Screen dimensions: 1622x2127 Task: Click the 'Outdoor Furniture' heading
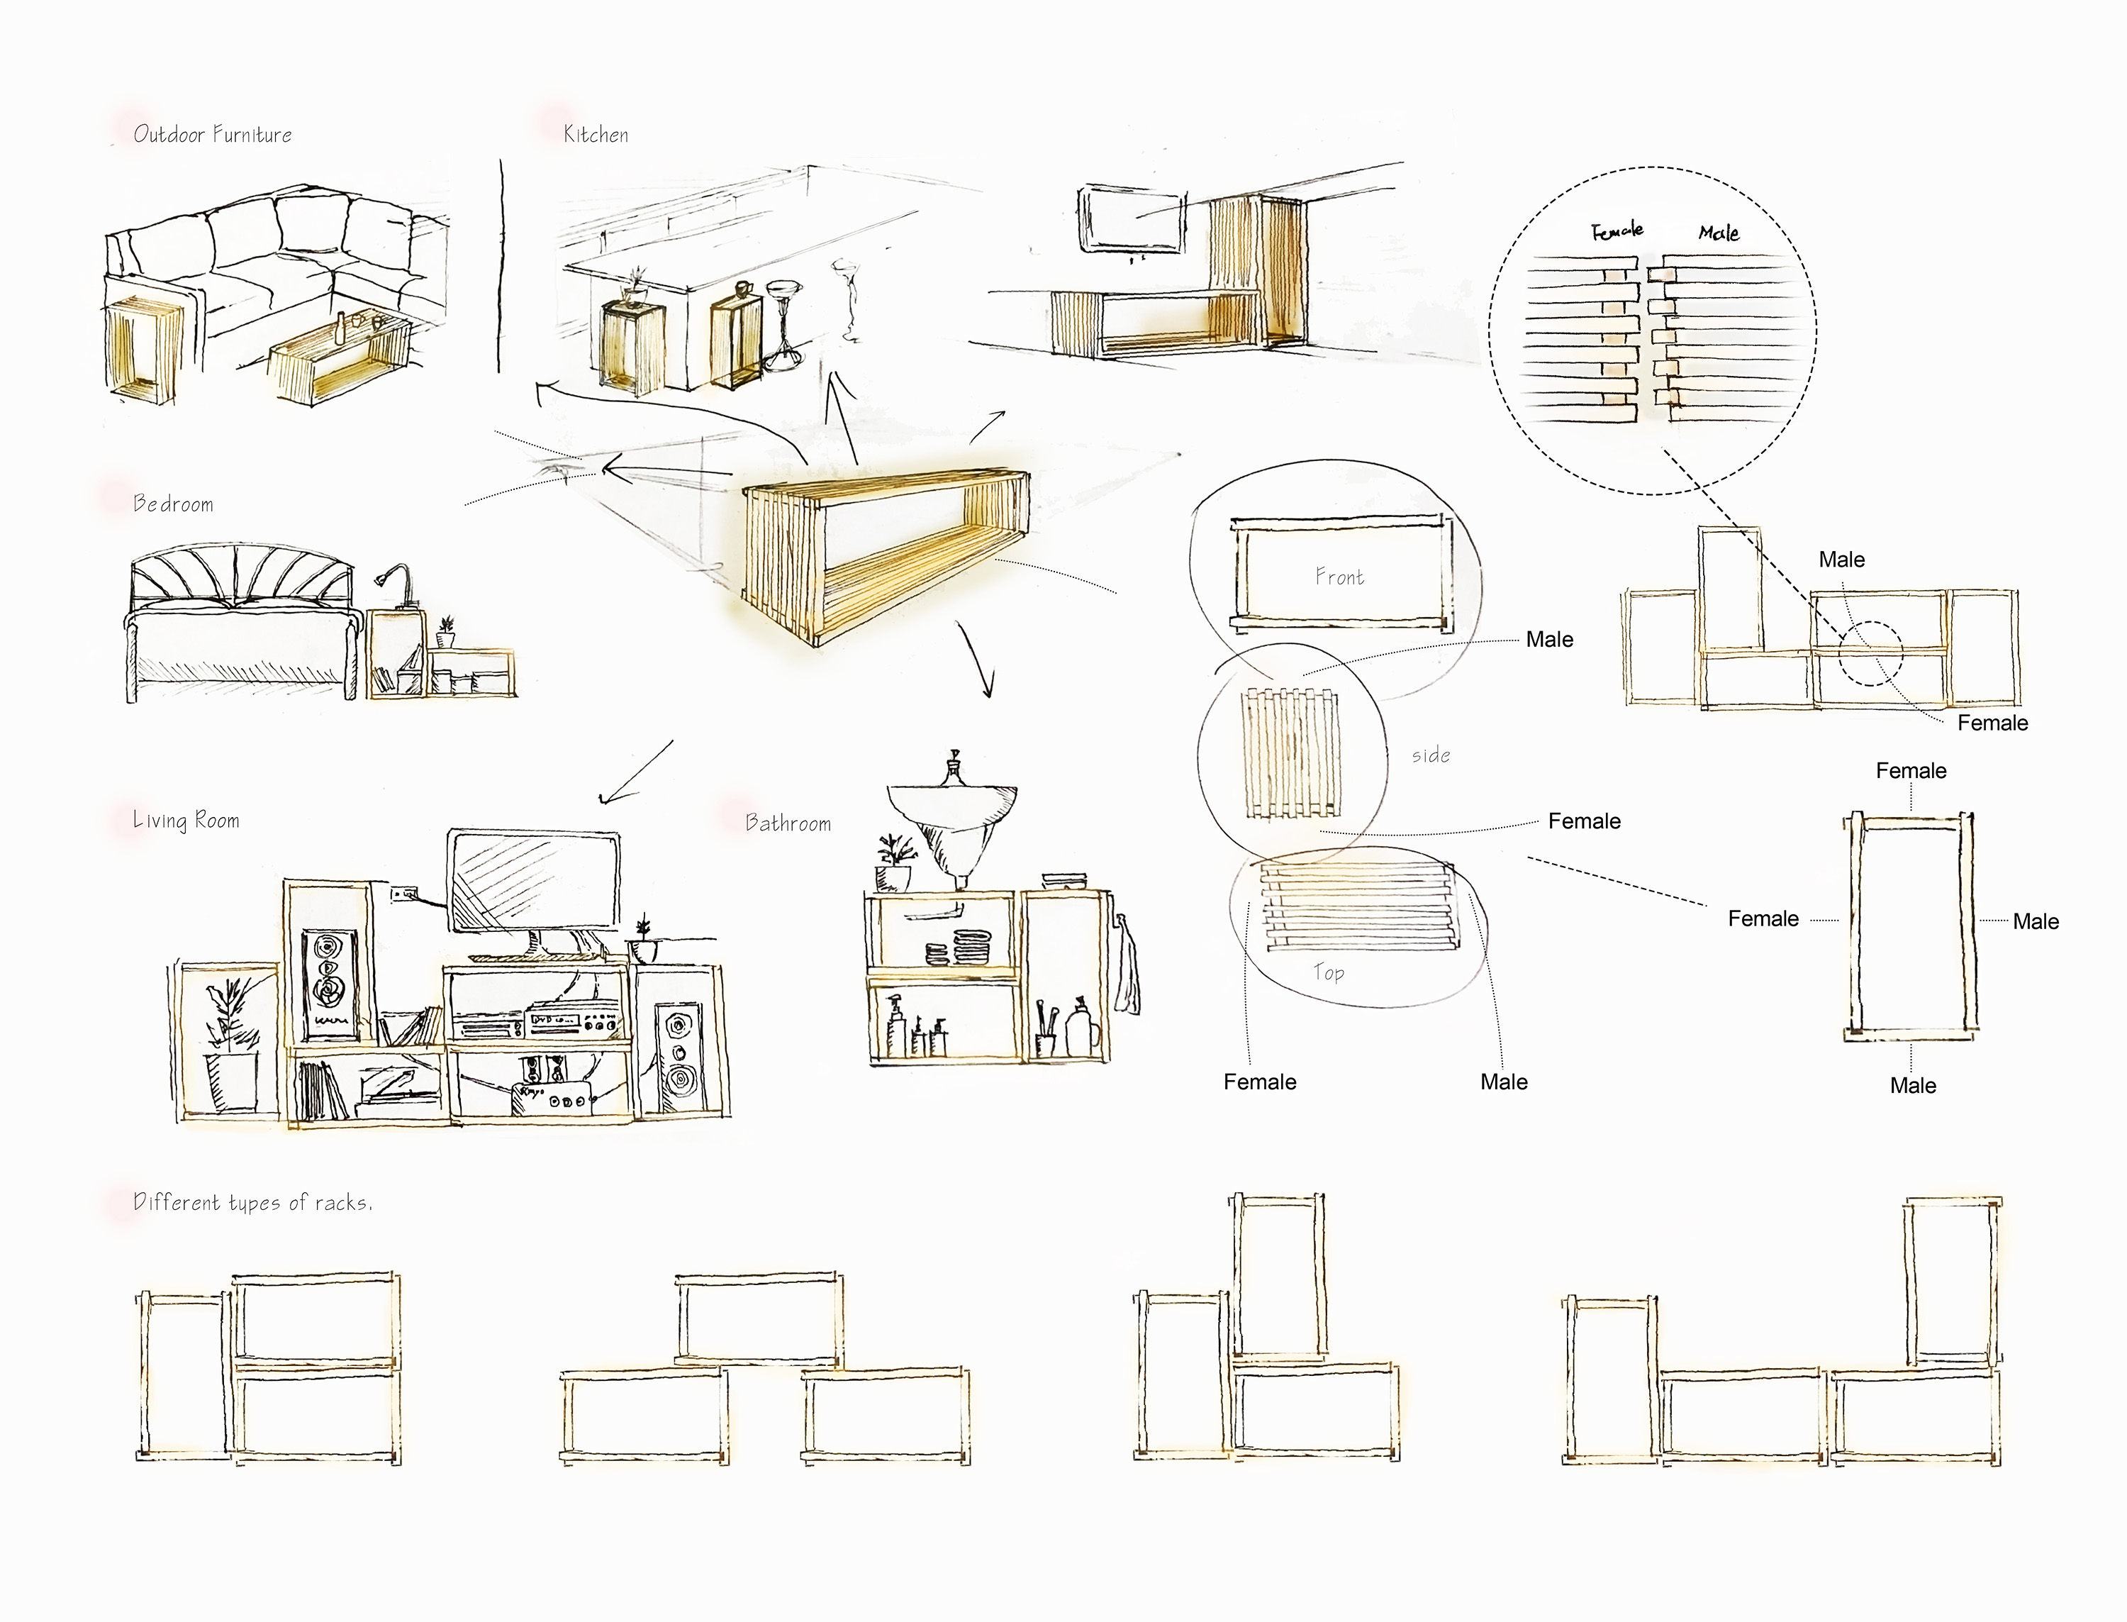(x=212, y=134)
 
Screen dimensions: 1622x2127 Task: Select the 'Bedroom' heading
(x=173, y=503)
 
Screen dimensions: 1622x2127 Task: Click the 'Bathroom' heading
(x=788, y=823)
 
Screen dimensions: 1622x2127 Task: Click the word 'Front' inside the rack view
(x=1339, y=577)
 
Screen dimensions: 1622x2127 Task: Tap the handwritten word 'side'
(x=1430, y=755)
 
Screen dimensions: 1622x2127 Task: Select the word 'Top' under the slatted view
(x=1328, y=972)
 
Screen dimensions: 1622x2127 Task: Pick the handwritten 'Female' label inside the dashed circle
(x=1617, y=230)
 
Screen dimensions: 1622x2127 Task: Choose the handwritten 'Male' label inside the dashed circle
(x=1719, y=232)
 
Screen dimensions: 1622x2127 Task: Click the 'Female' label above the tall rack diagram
(x=1911, y=770)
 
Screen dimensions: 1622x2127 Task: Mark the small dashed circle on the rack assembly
(x=1870, y=654)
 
